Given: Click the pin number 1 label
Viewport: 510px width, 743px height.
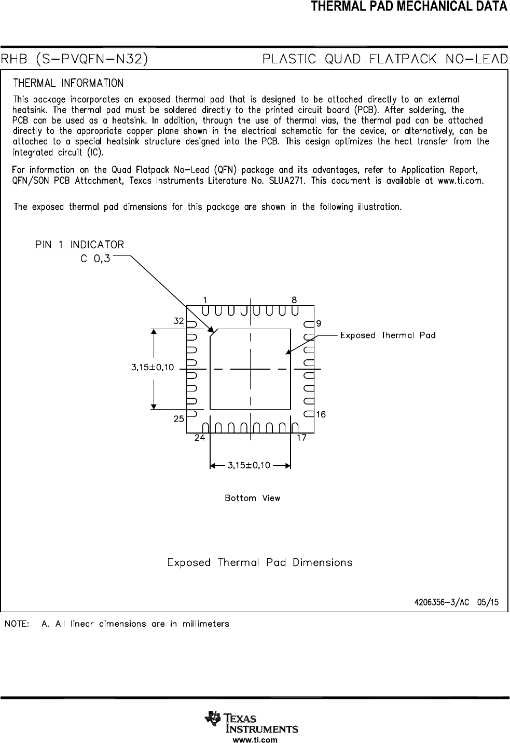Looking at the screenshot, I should [x=205, y=300].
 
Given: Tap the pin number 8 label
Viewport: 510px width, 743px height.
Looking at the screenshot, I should [x=294, y=300].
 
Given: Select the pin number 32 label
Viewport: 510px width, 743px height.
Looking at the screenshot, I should [x=178, y=321].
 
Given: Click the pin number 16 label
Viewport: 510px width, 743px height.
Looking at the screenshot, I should [x=321, y=414].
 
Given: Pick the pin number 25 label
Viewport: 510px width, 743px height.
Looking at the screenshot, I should [x=178, y=418].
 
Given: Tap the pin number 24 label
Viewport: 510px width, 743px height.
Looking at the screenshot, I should [x=199, y=438].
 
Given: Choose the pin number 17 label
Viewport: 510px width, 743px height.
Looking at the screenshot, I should [x=301, y=438].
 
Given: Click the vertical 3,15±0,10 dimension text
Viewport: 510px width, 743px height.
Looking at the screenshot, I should [x=152, y=367].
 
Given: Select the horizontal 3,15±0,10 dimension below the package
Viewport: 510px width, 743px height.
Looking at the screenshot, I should [x=249, y=465].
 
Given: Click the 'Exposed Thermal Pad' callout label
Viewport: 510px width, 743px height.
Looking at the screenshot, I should [x=388, y=335].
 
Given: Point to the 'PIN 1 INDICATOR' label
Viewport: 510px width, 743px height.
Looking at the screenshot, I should [x=79, y=245].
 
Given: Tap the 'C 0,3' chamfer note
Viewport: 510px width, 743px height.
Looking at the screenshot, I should [x=95, y=259].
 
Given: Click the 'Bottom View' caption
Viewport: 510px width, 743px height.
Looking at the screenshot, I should [x=252, y=498].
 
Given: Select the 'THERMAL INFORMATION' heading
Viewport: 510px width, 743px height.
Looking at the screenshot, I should [x=68, y=84].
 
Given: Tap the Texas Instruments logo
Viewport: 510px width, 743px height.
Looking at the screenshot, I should [x=252, y=722].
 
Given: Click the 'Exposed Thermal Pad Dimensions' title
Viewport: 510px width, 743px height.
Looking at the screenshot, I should [x=259, y=563].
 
